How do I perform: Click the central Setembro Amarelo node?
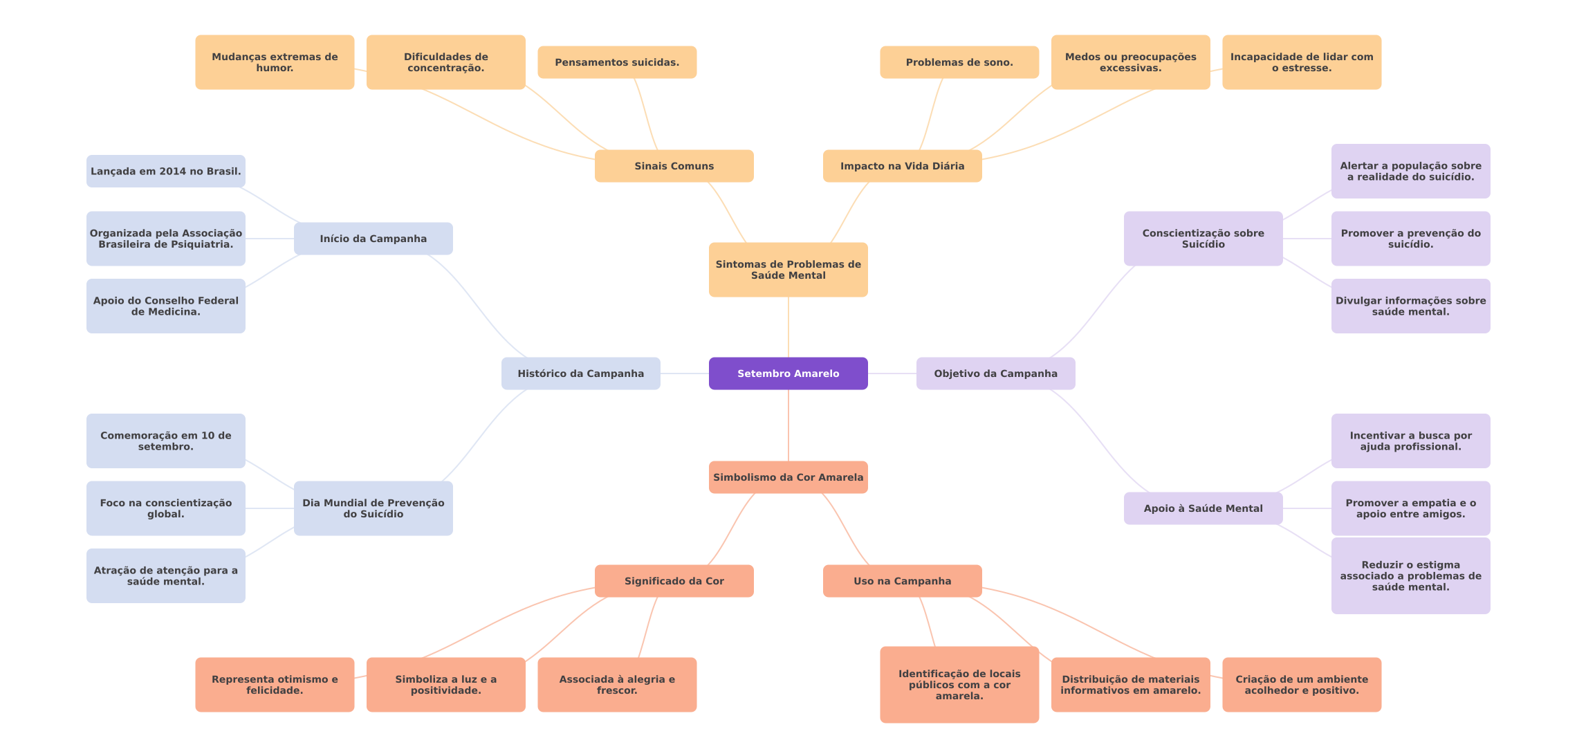click(x=788, y=373)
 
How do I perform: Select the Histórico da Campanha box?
click(x=581, y=373)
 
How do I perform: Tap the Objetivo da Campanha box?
click(x=996, y=373)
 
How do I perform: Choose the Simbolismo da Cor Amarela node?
click(x=788, y=477)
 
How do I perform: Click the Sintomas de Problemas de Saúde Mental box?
click(x=788, y=270)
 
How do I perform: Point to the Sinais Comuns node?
click(x=674, y=166)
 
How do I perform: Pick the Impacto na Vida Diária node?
click(x=903, y=166)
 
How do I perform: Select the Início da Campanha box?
click(x=373, y=239)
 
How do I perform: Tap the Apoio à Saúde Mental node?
click(x=1203, y=508)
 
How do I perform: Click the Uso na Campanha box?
click(x=903, y=581)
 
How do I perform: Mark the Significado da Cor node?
click(x=674, y=581)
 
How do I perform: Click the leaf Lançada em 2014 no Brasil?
click(x=166, y=171)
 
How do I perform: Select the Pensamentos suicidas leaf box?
click(x=617, y=62)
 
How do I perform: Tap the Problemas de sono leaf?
click(x=959, y=62)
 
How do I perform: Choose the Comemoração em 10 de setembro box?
click(x=166, y=441)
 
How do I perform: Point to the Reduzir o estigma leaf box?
click(x=1411, y=575)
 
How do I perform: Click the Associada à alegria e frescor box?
click(x=617, y=685)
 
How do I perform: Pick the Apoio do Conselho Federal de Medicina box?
click(x=166, y=306)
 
